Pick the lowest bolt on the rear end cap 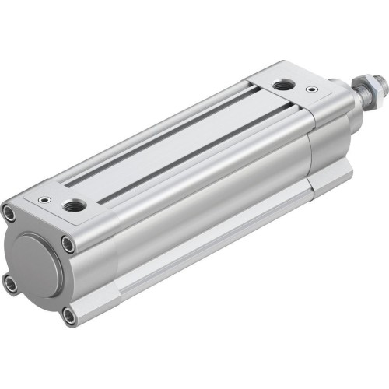point(69,315)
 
